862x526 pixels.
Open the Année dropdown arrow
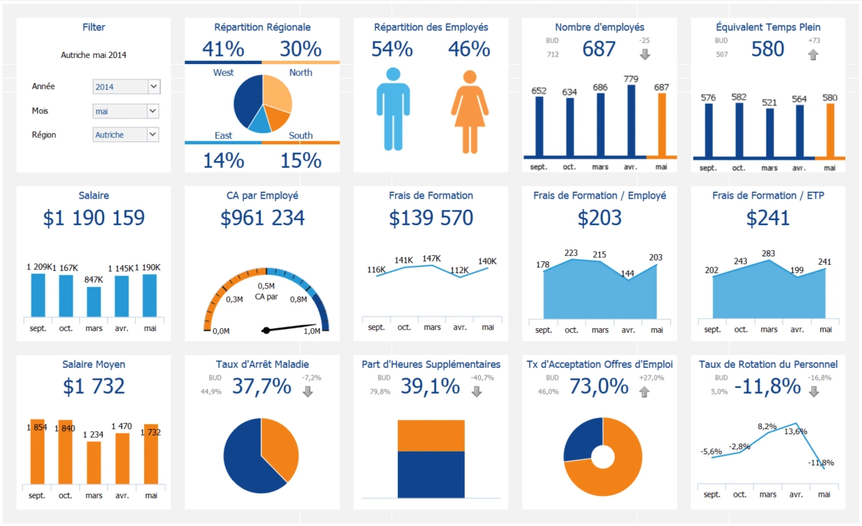click(x=153, y=87)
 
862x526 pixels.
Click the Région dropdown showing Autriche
click(x=125, y=135)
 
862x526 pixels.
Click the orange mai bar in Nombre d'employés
click(x=661, y=124)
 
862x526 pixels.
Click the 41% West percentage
click(x=223, y=49)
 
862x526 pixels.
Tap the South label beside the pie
click(x=300, y=135)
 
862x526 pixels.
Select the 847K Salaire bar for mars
click(x=93, y=302)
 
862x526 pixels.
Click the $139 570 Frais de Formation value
click(x=431, y=218)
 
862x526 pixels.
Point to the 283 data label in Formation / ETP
click(x=769, y=253)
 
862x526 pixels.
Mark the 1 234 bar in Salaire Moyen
click(x=93, y=462)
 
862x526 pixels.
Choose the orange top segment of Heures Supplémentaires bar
click(x=431, y=435)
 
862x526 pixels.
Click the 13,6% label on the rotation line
click(x=796, y=431)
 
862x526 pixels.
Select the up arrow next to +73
click(x=813, y=54)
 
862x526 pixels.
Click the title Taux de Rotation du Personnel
click(x=768, y=364)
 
